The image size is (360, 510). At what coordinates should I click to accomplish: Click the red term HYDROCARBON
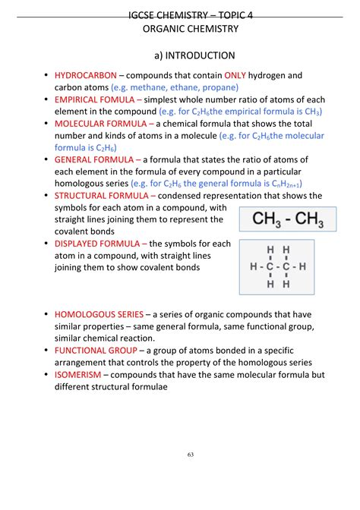(85, 75)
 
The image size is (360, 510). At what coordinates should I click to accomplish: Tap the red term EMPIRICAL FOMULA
(96, 99)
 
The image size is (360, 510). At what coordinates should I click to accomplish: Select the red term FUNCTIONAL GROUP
(96, 351)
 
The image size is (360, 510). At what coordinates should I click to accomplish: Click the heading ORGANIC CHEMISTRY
(191, 29)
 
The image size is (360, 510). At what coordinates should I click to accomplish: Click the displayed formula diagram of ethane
(277, 267)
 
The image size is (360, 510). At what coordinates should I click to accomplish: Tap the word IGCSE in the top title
(144, 13)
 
